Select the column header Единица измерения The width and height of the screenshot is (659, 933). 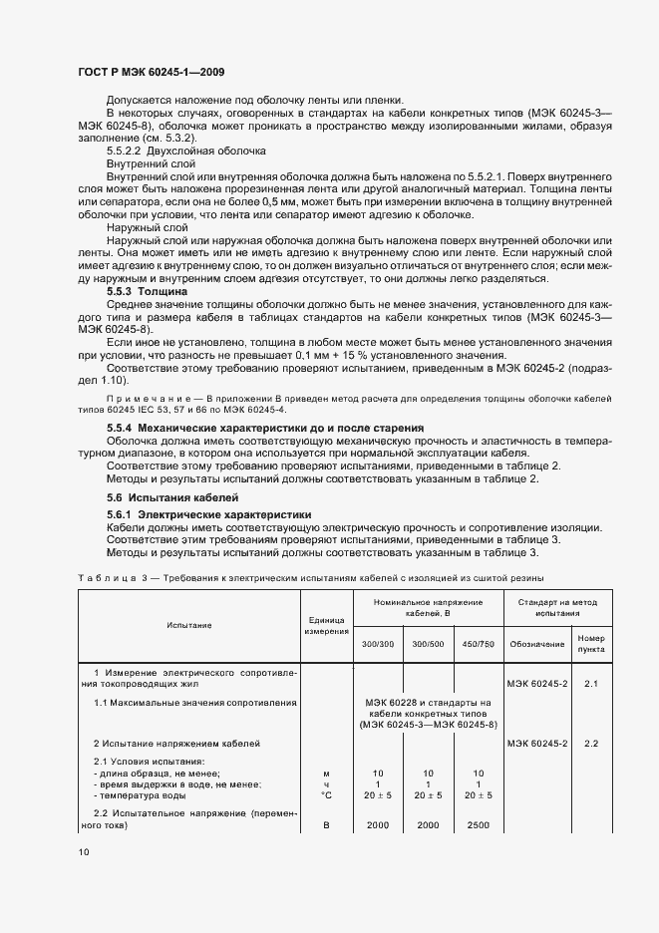coord(325,625)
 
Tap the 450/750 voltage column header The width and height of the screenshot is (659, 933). coord(479,644)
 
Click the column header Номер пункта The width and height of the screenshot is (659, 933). coord(590,643)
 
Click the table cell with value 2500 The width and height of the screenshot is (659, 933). coord(479,825)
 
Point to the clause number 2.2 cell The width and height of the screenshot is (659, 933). coord(590,744)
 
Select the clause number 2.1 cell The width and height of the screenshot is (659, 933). coord(590,683)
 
